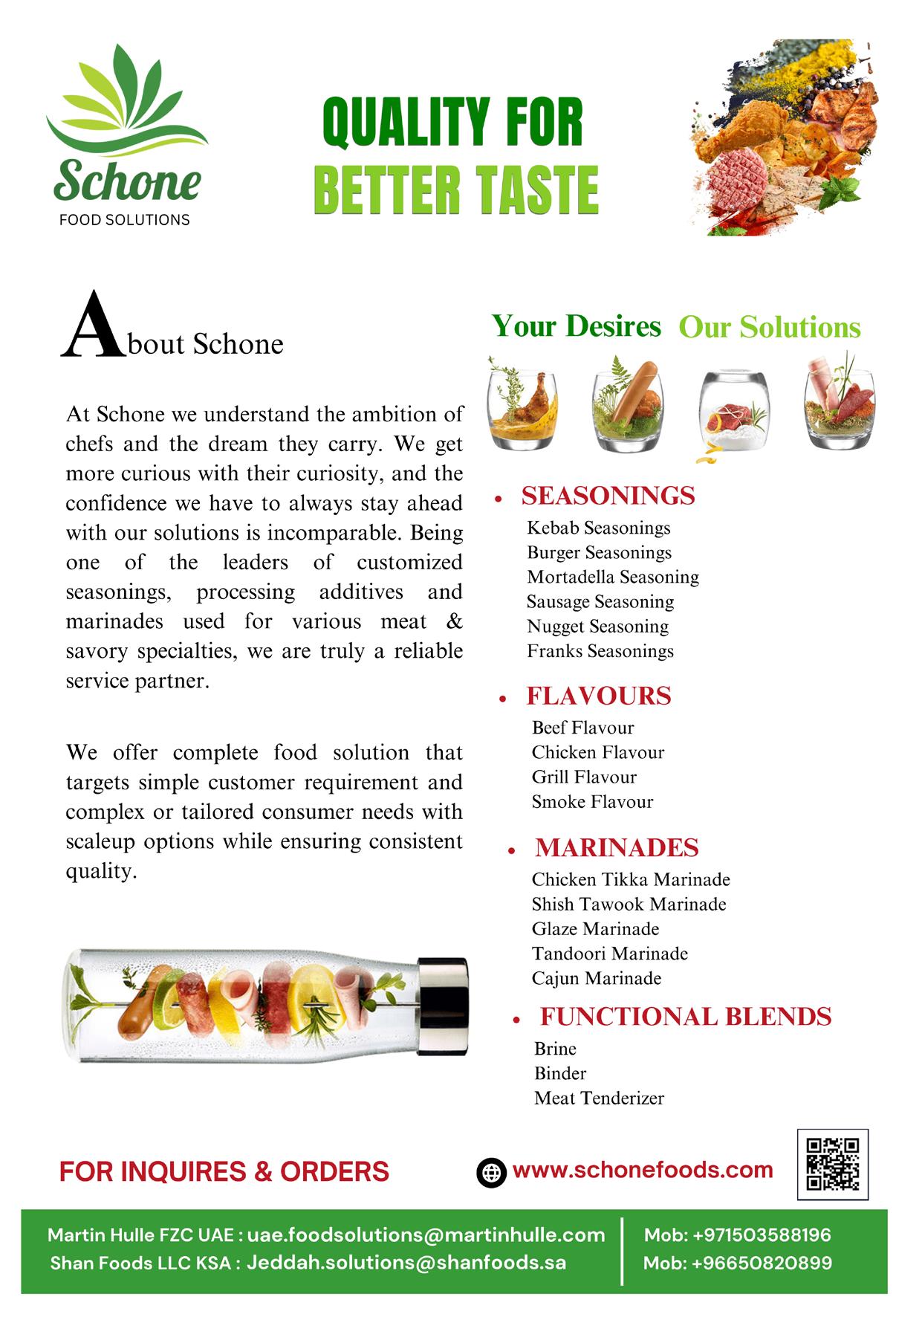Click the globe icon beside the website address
tap(490, 1172)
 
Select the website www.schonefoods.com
tap(643, 1170)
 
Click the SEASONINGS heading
tap(608, 496)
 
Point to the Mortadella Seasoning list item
tap(613, 577)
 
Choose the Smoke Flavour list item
tap(592, 801)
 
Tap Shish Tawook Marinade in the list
tap(629, 904)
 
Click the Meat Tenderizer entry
tap(599, 1098)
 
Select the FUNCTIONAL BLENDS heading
tap(685, 1016)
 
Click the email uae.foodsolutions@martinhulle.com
tap(426, 1235)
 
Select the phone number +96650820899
tap(762, 1263)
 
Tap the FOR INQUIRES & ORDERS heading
tap(224, 1171)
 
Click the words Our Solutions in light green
tap(770, 327)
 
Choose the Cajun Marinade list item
tap(596, 978)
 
